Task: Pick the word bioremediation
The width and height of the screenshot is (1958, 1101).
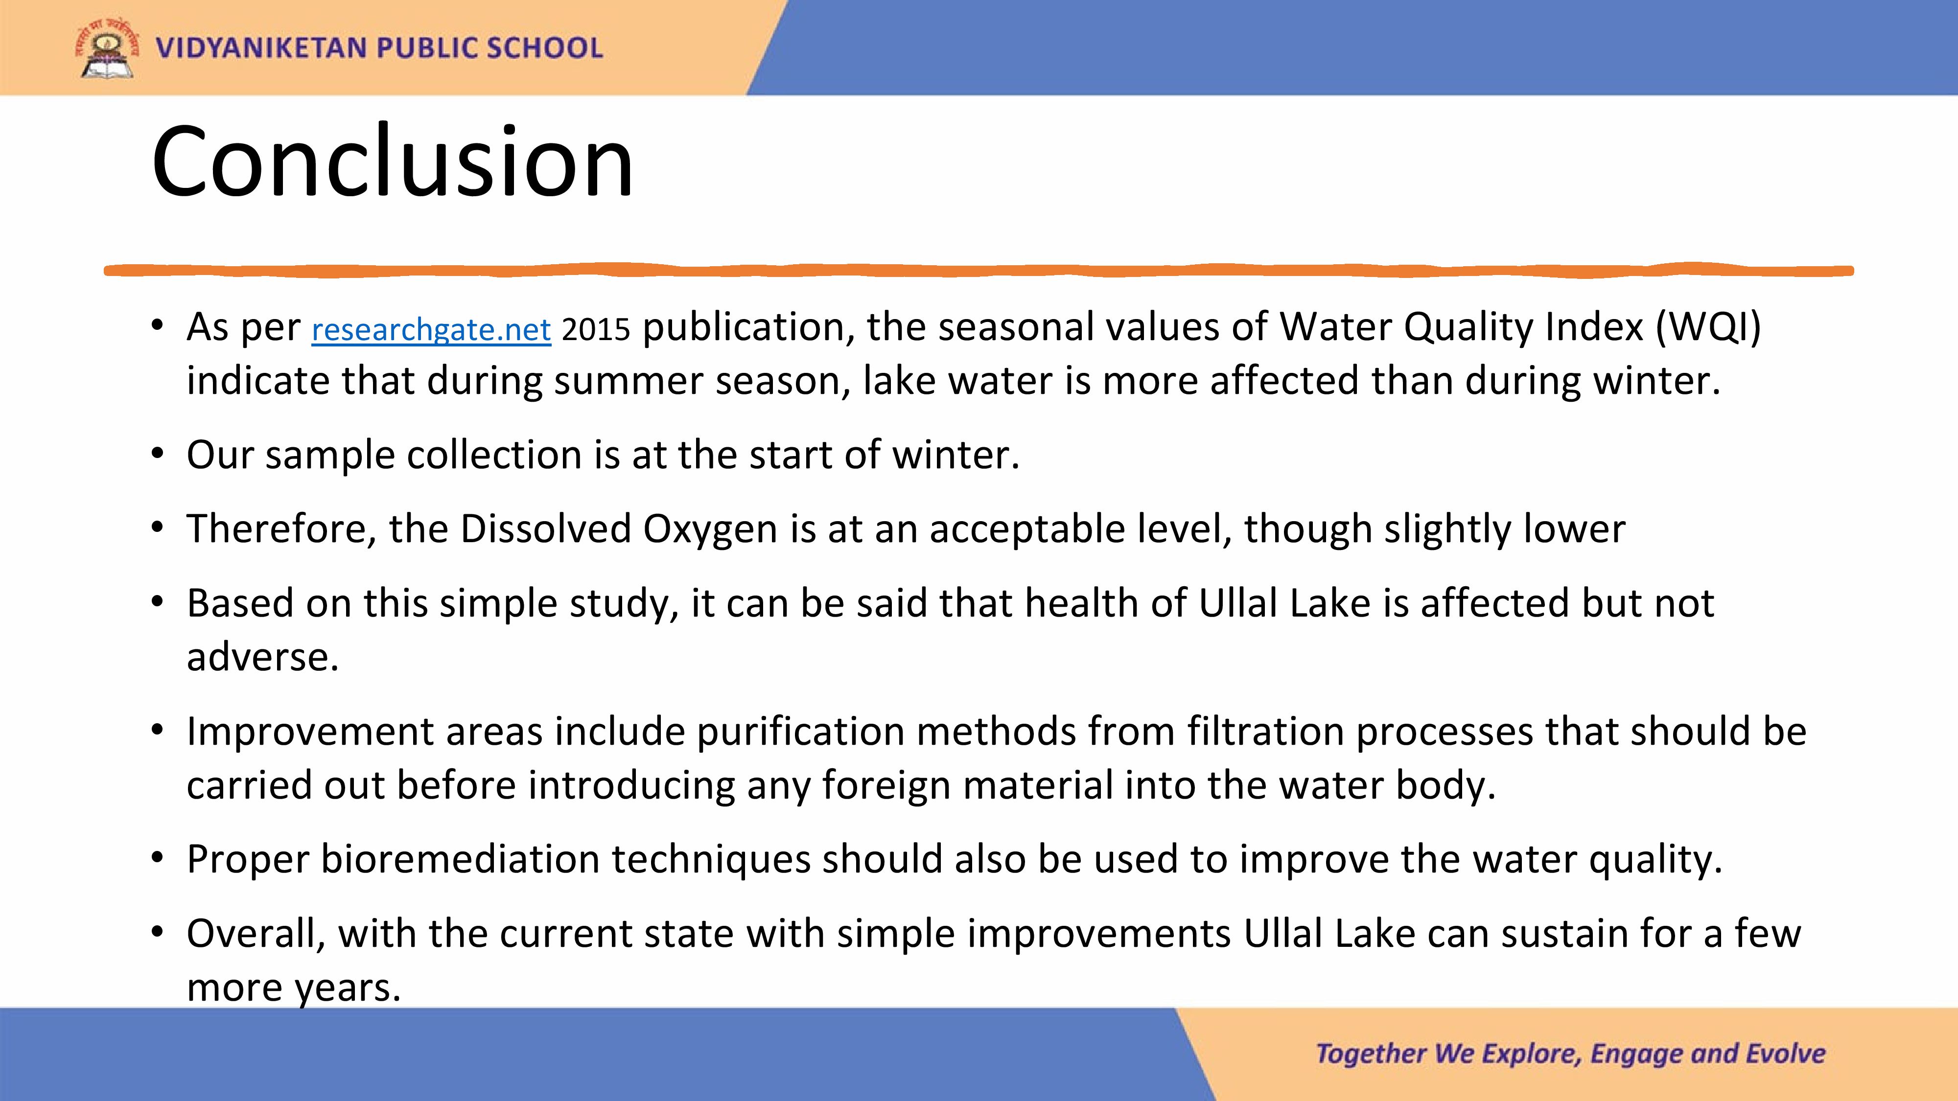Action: [x=460, y=859]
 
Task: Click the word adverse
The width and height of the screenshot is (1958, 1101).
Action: [x=262, y=657]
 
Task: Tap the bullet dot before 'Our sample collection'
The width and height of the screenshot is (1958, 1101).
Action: [x=157, y=455]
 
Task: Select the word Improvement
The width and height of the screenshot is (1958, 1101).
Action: [x=310, y=732]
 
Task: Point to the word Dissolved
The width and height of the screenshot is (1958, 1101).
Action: [x=546, y=529]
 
